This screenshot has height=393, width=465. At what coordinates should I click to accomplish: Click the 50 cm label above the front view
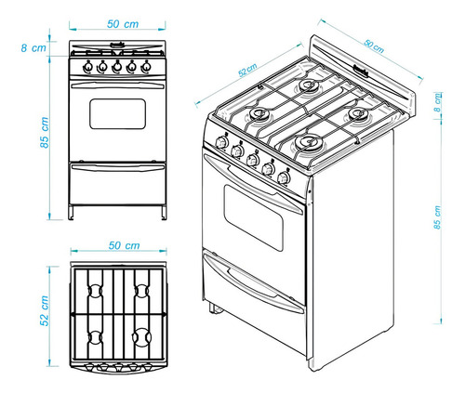pyautogui.click(x=117, y=21)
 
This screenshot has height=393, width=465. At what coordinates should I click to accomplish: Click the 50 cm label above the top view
pyautogui.click(x=118, y=245)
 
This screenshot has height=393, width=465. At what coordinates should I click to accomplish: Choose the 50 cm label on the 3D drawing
pyautogui.click(x=373, y=44)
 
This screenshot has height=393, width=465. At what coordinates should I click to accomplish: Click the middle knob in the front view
pyautogui.click(x=117, y=67)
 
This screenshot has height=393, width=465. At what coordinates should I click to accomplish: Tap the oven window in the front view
pyautogui.click(x=117, y=113)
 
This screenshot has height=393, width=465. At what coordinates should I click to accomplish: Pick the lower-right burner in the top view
pyautogui.click(x=142, y=335)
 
